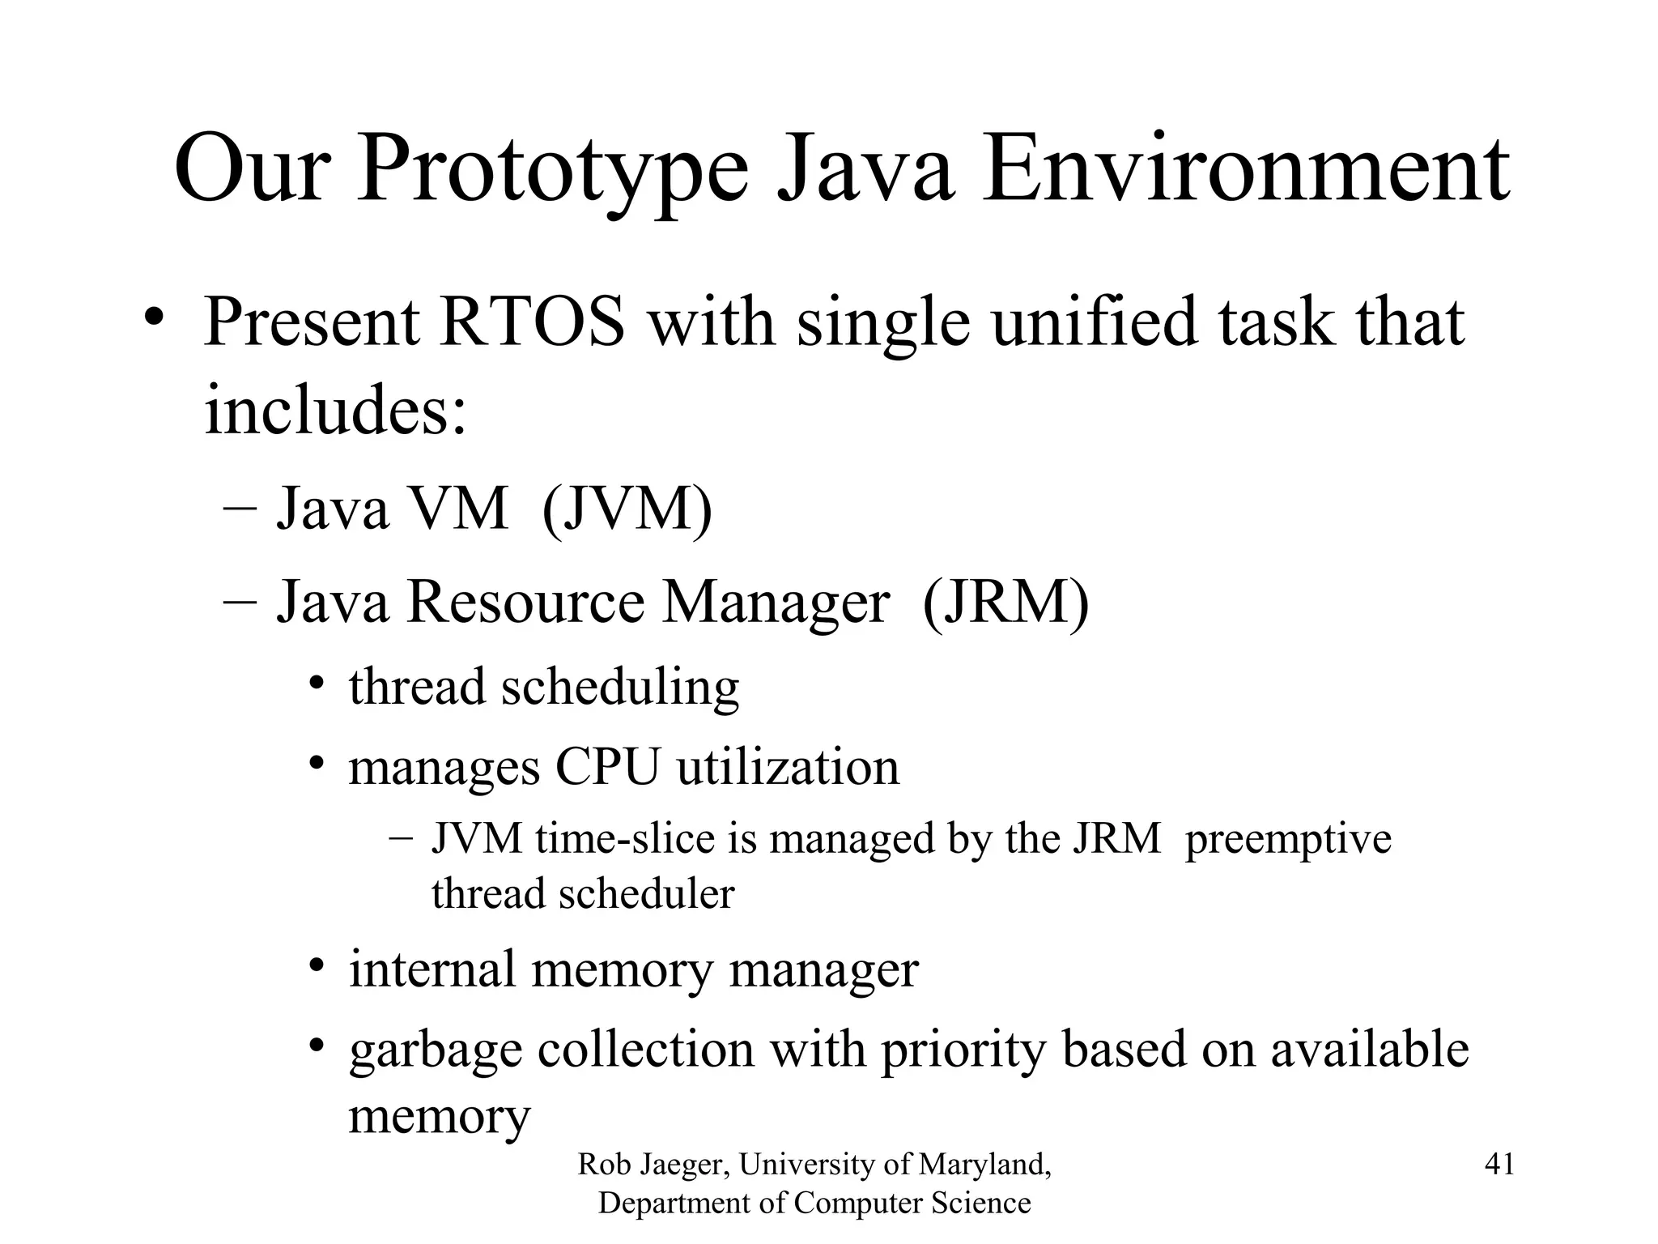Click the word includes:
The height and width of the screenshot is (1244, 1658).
tap(336, 409)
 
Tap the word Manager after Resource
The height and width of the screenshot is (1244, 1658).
tap(776, 603)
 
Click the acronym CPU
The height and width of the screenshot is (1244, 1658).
tap(606, 767)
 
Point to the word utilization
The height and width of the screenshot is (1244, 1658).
tap(788, 767)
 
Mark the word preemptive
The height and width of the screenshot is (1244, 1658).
tap(1287, 840)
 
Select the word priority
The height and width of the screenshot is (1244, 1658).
tap(963, 1050)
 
